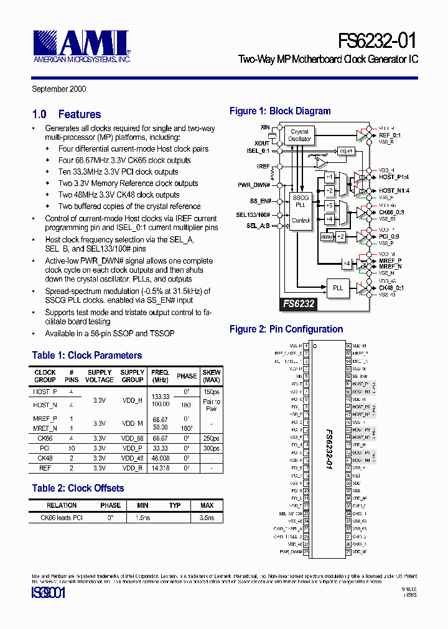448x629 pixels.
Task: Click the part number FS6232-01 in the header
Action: (377, 41)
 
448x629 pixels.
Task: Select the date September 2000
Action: (59, 89)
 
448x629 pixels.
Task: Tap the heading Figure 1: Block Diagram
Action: (280, 111)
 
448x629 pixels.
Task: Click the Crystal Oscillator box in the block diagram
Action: (299, 135)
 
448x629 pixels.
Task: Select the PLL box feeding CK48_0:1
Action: (338, 288)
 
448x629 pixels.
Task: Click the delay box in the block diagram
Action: (327, 236)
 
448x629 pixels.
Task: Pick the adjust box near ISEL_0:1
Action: (345, 150)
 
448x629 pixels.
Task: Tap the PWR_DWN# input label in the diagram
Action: (254, 185)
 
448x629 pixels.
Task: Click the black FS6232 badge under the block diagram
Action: (298, 305)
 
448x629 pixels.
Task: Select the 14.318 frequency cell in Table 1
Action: (160, 467)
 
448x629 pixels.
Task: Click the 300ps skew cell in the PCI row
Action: (212, 448)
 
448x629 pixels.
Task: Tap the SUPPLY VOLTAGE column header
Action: (100, 376)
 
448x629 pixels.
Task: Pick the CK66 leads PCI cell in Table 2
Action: (62, 517)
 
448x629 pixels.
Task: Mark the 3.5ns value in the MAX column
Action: (207, 517)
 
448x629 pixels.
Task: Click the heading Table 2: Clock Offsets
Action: (78, 489)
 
